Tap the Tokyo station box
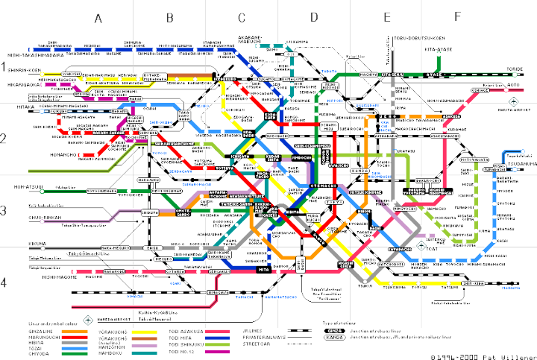[x=333, y=202]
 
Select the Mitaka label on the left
[x=14, y=107]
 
